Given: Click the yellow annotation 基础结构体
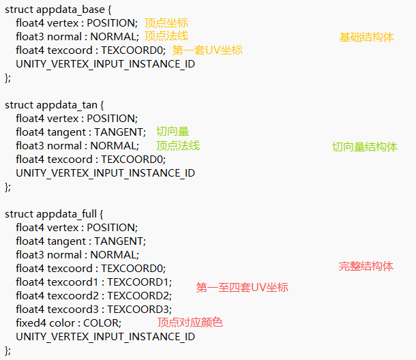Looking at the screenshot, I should (x=366, y=37).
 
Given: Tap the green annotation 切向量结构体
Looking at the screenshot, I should (x=364, y=147).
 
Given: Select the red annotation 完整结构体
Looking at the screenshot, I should (x=366, y=266).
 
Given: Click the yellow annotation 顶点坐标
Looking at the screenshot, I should (x=166, y=23).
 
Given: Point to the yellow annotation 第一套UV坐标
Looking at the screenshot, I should (x=207, y=50).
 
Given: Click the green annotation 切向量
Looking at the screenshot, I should (x=173, y=132).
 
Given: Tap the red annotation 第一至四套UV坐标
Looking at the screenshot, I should (x=242, y=288).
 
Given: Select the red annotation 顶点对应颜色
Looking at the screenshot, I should (x=190, y=322).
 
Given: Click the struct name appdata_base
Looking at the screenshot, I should (x=68, y=10).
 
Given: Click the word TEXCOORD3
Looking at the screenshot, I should (x=138, y=310).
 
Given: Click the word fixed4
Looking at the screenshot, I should (x=31, y=323).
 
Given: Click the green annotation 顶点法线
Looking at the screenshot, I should (x=177, y=145).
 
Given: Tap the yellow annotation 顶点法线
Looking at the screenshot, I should (x=166, y=36).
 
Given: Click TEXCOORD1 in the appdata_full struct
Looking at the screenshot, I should (x=138, y=282).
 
